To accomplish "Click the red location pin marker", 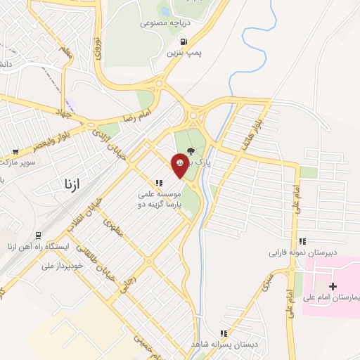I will [180, 164].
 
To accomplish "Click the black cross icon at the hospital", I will [333, 286].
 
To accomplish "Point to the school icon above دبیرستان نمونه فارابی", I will [302, 241].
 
